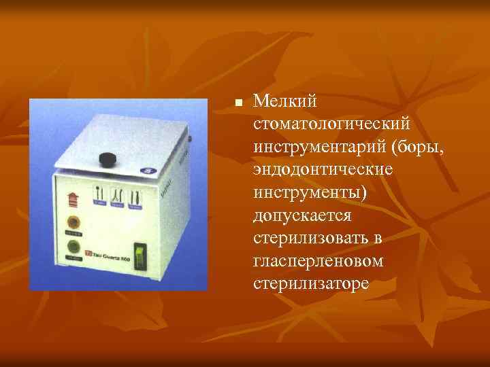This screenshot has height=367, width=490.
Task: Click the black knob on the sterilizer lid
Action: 107,159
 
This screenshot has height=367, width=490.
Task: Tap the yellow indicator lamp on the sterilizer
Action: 70,222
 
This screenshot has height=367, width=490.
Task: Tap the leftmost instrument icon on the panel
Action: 100,194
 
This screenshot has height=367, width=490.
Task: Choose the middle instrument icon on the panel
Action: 117,194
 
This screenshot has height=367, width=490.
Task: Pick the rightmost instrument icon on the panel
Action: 135,194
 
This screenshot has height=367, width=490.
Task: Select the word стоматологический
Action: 331,124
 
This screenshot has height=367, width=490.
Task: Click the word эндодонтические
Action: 323,169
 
